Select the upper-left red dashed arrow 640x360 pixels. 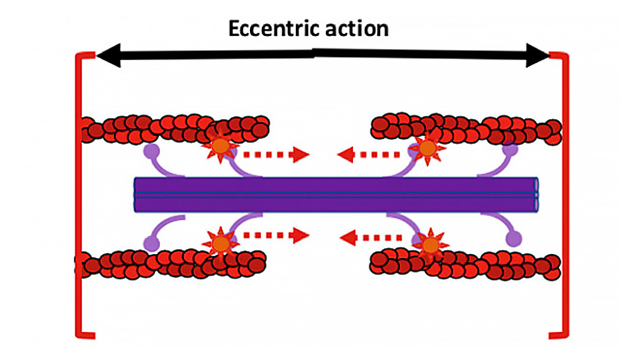coord(276,154)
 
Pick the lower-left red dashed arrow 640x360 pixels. coord(276,236)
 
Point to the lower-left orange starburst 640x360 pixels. coord(220,242)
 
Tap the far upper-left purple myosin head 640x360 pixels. coord(150,151)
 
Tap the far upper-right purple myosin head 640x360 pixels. coord(510,150)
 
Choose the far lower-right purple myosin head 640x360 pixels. coord(513,238)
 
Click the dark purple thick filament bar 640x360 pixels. coord(335,195)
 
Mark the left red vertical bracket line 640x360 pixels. coord(79,196)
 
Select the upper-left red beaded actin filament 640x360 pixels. coord(175,129)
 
